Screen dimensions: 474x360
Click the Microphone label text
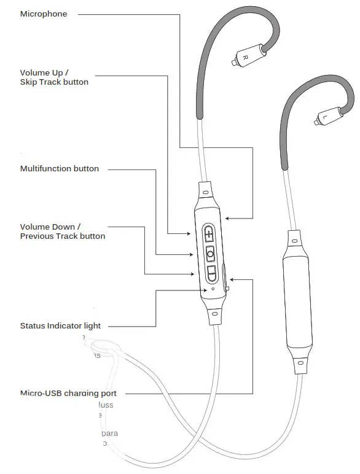coord(44,14)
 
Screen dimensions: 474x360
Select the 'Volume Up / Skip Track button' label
coord(54,77)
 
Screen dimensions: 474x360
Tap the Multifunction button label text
coord(59,169)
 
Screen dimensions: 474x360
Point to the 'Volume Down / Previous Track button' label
coord(62,231)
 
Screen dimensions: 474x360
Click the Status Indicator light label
coord(60,326)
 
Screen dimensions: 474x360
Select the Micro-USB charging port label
coord(68,393)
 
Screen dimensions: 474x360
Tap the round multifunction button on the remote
coord(210,254)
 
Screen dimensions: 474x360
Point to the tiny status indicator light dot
coord(213,289)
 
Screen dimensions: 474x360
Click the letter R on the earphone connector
coord(245,56)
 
